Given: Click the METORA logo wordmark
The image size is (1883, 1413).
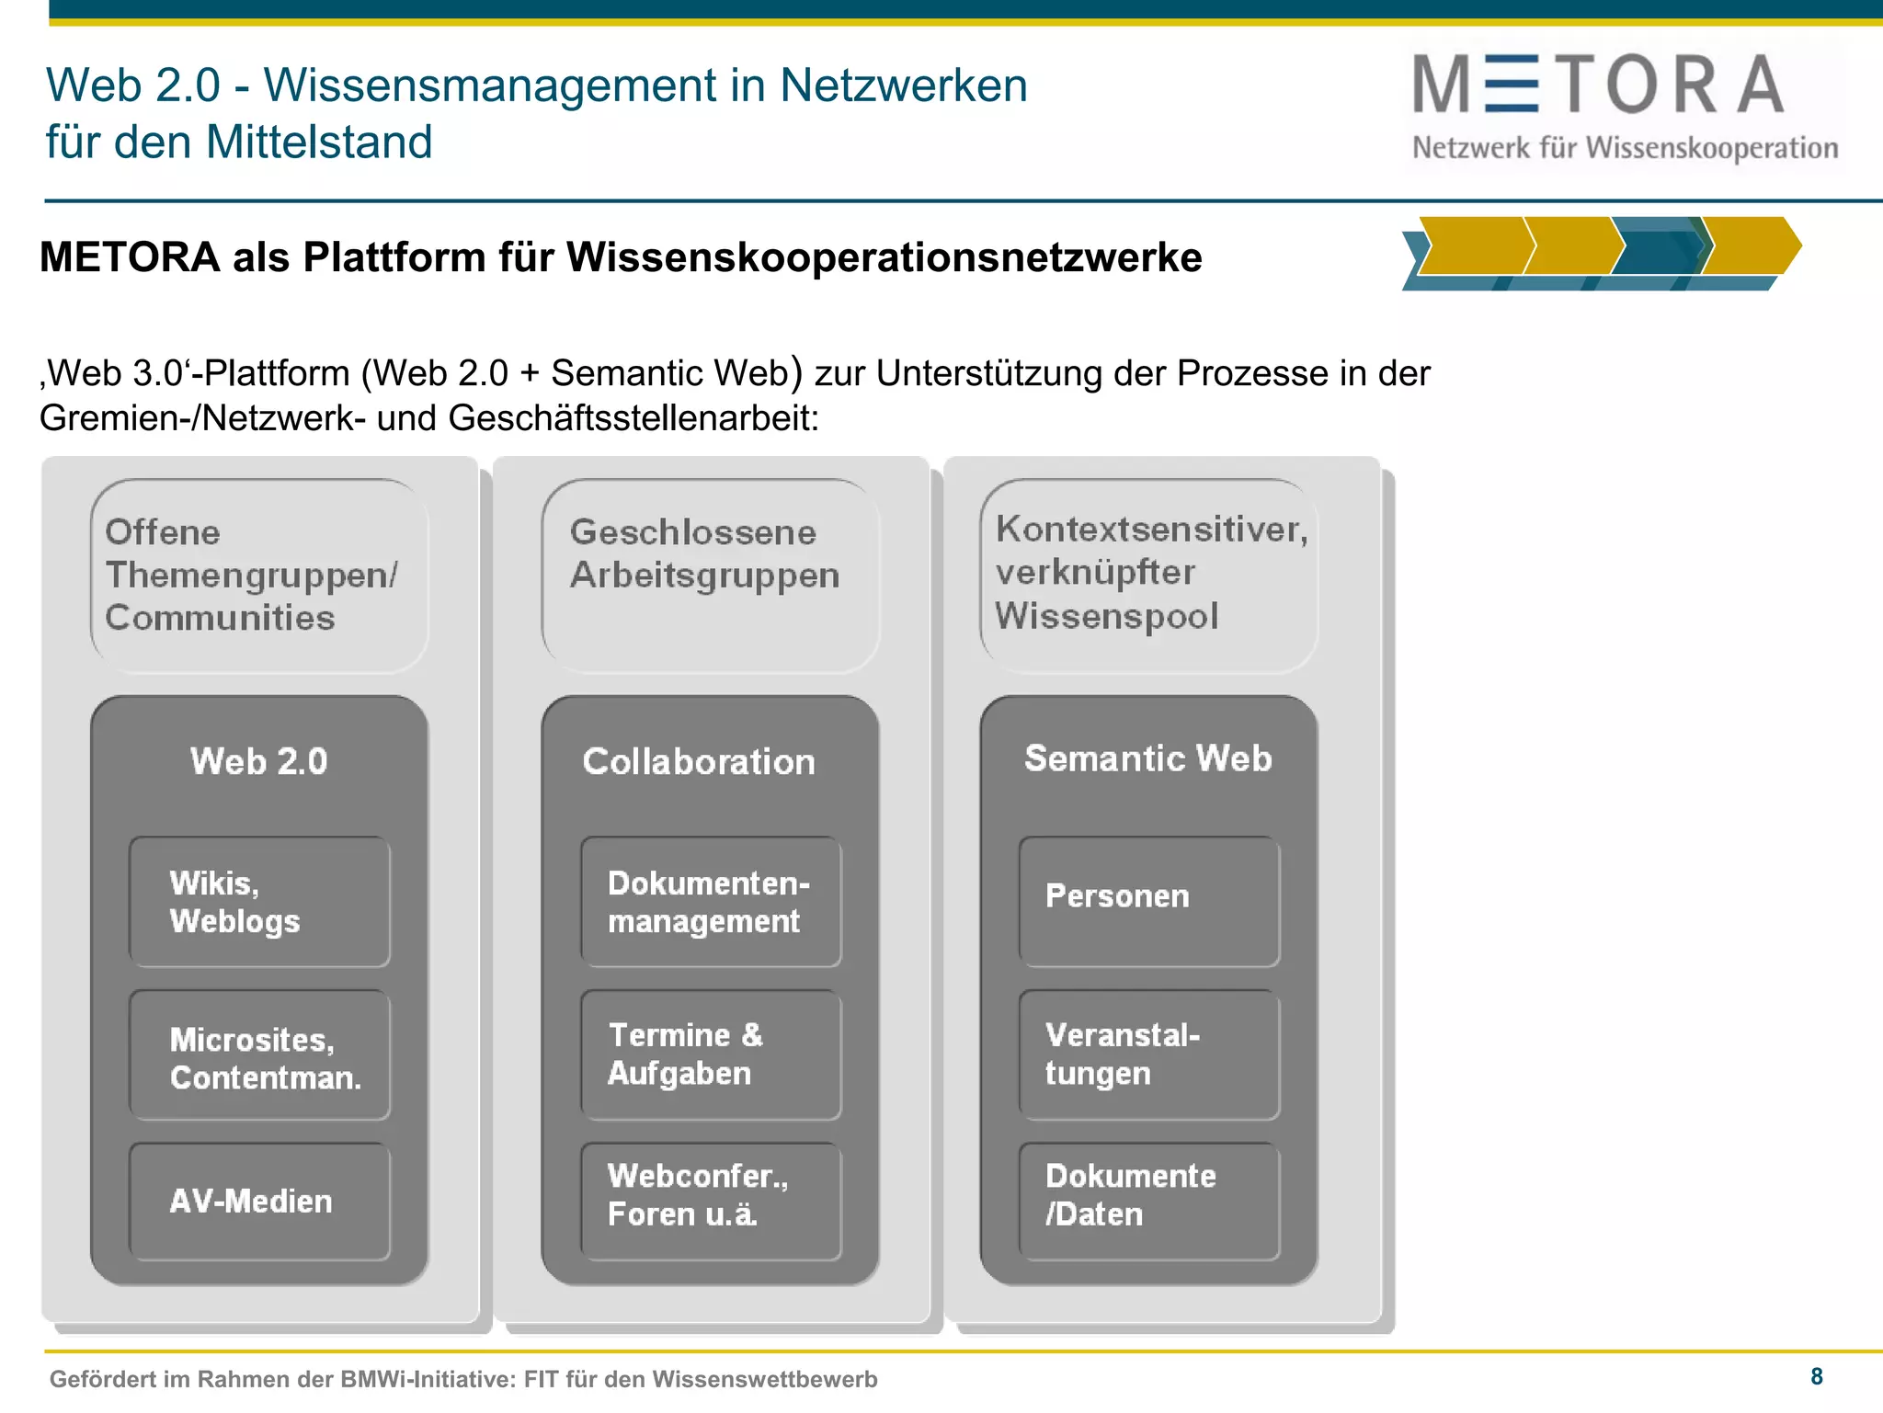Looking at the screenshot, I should click(1598, 85).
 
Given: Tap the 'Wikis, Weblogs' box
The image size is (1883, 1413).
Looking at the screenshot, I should click(259, 902).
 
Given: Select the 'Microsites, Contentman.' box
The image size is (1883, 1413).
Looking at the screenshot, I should click(259, 1055).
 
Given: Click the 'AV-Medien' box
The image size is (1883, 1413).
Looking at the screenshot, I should click(259, 1201).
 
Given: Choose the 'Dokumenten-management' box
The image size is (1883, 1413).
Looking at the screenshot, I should click(711, 902).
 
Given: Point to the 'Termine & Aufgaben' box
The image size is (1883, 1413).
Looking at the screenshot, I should click(711, 1055).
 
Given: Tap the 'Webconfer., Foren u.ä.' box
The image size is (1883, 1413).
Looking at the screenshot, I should click(711, 1201).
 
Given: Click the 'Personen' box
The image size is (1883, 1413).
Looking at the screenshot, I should click(1149, 902).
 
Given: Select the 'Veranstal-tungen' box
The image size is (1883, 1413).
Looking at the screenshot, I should click(1149, 1055).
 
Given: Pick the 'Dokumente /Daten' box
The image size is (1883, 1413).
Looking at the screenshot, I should click(1149, 1201).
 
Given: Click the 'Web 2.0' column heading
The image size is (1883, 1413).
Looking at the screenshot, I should click(259, 761).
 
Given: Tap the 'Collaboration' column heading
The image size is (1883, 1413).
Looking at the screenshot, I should click(699, 761).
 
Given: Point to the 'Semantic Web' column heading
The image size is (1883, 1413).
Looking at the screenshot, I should click(1148, 758).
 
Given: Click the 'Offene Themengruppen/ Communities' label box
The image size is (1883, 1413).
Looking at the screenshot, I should click(259, 575).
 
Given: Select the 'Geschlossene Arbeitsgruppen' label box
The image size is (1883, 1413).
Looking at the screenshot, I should click(711, 575).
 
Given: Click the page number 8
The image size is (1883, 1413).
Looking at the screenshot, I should click(1817, 1376).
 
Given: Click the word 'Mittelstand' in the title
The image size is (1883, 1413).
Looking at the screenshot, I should click(318, 142).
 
